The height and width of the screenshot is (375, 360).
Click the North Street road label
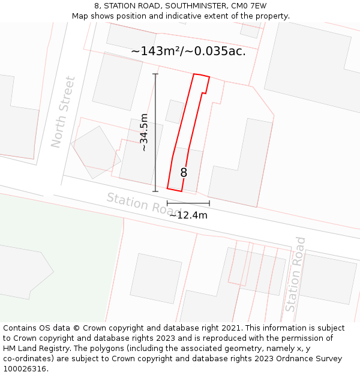coord(63,112)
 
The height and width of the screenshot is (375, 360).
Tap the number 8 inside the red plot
coord(184,173)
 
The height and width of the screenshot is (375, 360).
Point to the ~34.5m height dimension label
coord(144,133)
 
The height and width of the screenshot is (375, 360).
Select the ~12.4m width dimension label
coord(188,215)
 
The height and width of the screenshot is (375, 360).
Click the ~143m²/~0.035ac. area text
coord(188,52)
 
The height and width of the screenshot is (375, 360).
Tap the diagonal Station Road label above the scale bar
coord(143,205)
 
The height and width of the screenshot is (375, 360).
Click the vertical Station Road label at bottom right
coord(295,274)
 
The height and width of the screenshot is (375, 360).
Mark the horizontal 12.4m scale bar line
coord(188,203)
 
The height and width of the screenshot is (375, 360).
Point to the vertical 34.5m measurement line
coord(155,133)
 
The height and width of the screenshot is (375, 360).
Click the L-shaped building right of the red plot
coord(240,168)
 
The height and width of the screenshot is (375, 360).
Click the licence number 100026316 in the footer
coord(25,369)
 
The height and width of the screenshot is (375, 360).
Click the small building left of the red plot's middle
coord(175,111)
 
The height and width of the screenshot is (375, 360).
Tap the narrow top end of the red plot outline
coord(201,76)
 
